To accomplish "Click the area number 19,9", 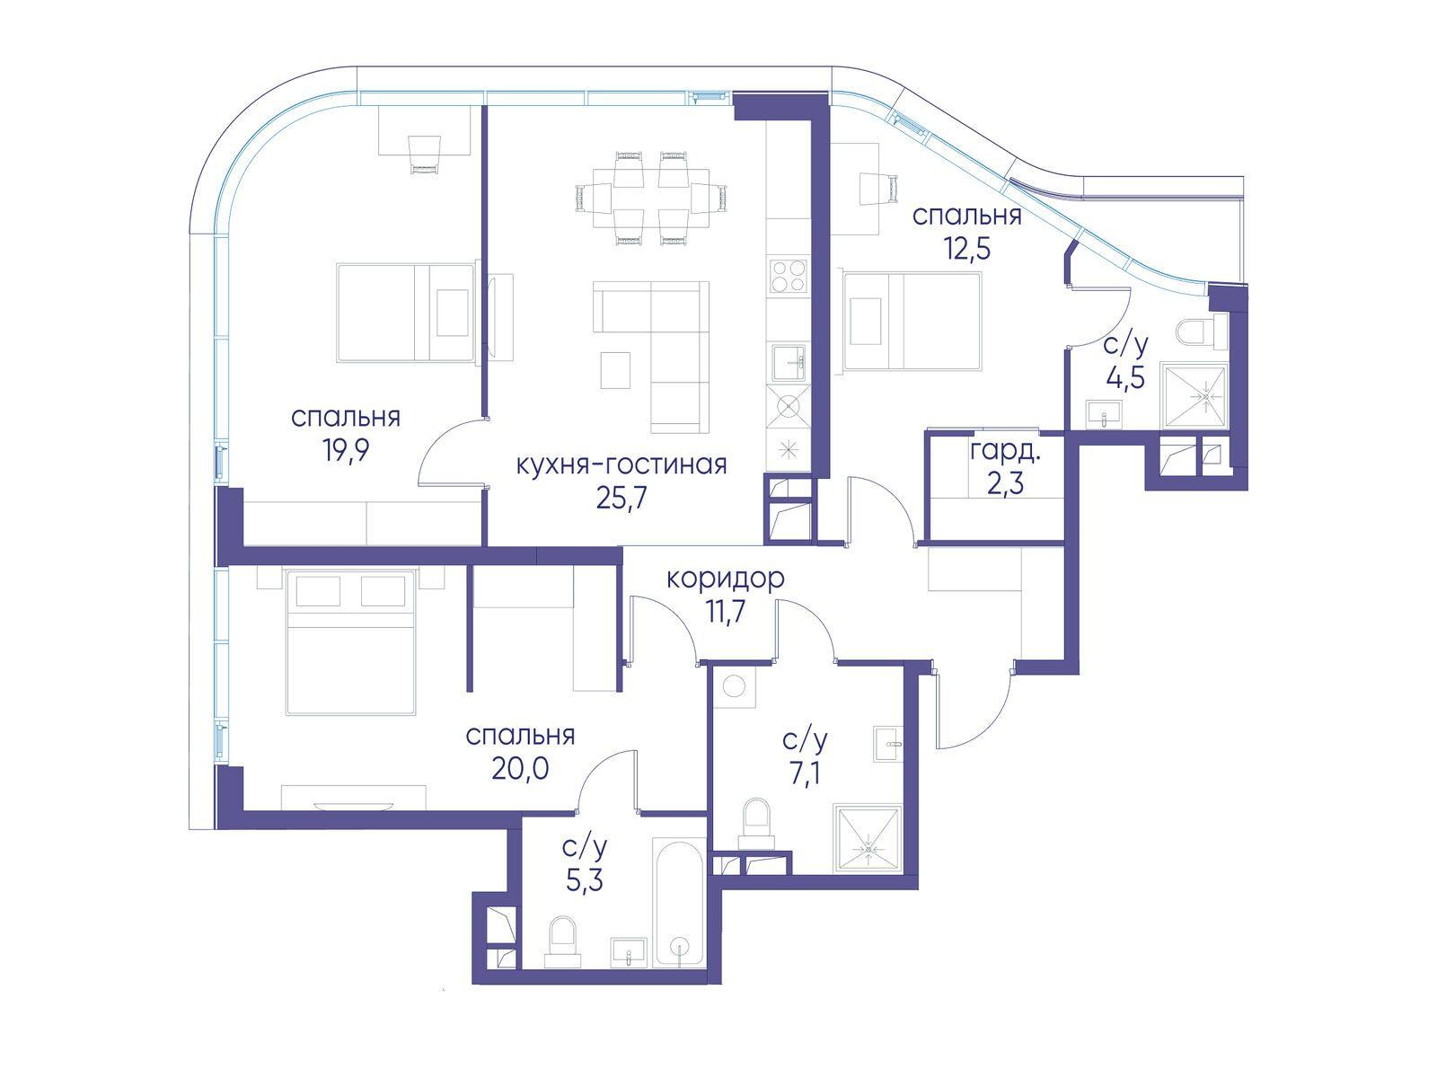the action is click(345, 451).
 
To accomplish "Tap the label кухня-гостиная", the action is click(622, 465).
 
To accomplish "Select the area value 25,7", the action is click(622, 499).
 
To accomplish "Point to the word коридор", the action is click(726, 580).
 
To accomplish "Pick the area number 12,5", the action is click(967, 250).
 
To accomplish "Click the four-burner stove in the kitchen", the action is click(789, 276).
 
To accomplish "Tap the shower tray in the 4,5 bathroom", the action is click(1195, 396).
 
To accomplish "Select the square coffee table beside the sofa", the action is click(615, 370).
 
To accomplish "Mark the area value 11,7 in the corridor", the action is click(726, 614).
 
